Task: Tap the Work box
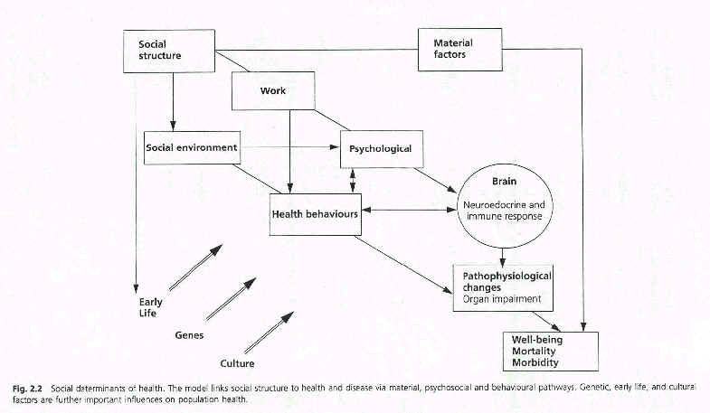coord(273,90)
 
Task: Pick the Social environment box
coord(192,147)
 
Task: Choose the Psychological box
coord(381,148)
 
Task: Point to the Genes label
coord(188,335)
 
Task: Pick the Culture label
coord(237,363)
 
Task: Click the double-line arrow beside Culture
coord(270,332)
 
